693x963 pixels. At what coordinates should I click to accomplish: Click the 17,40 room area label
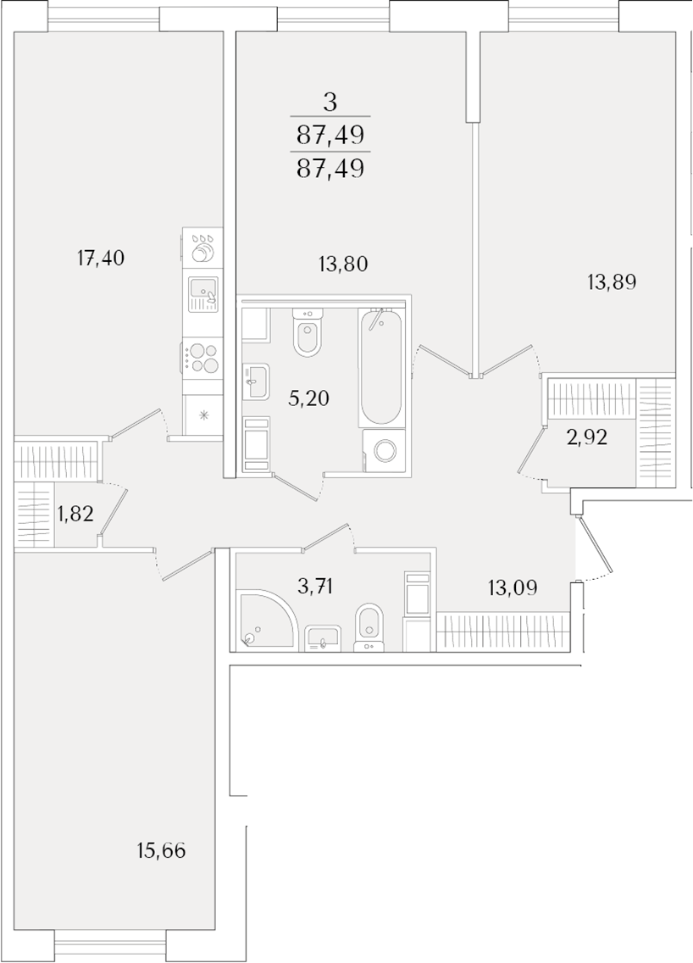[101, 259]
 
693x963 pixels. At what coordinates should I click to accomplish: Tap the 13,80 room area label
[343, 264]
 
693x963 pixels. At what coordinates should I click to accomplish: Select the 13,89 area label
[612, 282]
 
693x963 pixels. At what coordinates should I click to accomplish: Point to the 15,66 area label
[161, 851]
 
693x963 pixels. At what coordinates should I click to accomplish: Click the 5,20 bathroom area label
[308, 398]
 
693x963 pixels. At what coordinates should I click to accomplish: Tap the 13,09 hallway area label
[513, 588]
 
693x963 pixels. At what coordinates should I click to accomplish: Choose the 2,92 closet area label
[587, 438]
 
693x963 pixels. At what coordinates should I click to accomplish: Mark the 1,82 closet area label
[75, 513]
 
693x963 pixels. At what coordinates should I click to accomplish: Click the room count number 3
[330, 103]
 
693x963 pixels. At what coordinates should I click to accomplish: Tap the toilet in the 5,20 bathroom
[308, 331]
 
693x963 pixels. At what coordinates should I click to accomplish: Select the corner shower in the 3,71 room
[265, 620]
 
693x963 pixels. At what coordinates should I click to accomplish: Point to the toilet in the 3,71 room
[369, 626]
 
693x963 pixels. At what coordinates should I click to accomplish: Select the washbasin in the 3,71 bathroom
[323, 637]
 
